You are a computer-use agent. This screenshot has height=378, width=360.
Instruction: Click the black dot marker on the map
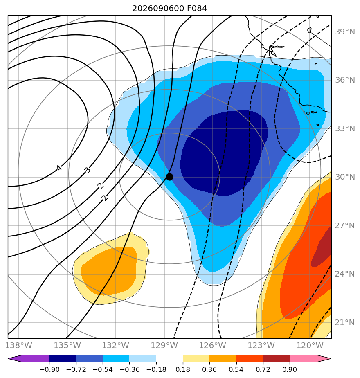[169, 177]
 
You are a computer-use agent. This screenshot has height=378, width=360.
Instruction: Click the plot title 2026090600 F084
[169, 9]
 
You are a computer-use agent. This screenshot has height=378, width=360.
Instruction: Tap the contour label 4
[59, 168]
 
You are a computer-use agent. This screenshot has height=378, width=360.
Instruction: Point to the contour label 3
[87, 170]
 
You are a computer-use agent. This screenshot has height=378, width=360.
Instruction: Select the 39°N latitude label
[345, 32]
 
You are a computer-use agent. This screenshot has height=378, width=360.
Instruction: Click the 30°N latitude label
[345, 177]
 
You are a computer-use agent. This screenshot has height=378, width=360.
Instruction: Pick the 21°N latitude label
[345, 322]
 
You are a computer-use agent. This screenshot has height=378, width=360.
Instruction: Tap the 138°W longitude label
[18, 345]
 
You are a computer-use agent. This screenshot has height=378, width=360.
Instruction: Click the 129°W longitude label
[164, 345]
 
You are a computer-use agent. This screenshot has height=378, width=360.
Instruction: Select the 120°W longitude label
[310, 345]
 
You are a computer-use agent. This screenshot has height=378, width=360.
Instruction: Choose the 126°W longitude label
[213, 345]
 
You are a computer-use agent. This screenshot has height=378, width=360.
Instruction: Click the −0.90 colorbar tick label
[49, 369]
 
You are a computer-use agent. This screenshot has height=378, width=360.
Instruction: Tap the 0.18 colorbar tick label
[183, 369]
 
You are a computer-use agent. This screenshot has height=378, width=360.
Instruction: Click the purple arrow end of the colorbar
[29, 358]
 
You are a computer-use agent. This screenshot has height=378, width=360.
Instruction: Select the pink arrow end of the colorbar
[310, 358]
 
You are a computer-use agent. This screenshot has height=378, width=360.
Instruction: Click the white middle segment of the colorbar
[169, 358]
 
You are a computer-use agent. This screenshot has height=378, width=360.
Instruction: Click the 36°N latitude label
[345, 80]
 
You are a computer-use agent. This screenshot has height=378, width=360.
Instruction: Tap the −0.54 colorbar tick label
[103, 369]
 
